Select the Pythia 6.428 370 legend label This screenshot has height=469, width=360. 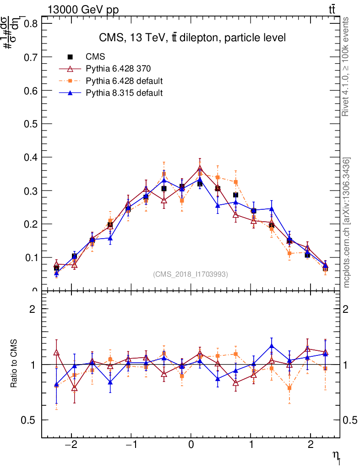(118, 69)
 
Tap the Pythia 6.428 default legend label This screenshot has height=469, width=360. (124, 81)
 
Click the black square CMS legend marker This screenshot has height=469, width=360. (71, 57)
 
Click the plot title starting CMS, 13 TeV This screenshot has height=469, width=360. (192, 38)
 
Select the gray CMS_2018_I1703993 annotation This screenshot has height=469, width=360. (191, 274)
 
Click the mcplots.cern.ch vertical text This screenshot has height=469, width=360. (347, 223)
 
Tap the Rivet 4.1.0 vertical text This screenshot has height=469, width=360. (347, 67)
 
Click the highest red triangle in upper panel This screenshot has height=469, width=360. (200, 168)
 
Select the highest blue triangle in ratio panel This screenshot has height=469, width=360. (272, 346)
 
